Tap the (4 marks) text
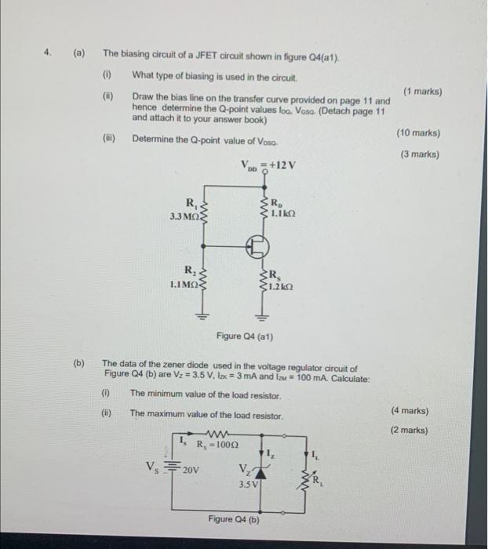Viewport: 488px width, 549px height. click(409, 410)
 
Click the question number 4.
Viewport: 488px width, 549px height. click(48, 54)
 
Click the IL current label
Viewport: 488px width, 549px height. click(314, 453)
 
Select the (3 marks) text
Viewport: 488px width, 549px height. click(420, 155)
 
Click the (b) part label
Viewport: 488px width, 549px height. click(79, 364)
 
